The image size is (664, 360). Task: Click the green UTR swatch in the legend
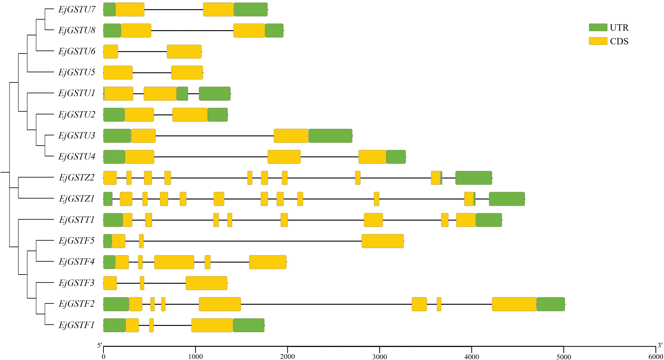pyautogui.click(x=598, y=27)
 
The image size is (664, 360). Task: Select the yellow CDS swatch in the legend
pyautogui.click(x=598, y=41)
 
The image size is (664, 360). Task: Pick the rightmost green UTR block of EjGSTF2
pyautogui.click(x=551, y=304)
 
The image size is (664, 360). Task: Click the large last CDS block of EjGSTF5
pyautogui.click(x=383, y=241)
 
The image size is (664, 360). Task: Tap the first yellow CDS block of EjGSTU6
pyautogui.click(x=111, y=52)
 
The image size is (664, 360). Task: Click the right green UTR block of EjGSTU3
pyautogui.click(x=330, y=136)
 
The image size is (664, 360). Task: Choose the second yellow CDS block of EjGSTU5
pyautogui.click(x=187, y=73)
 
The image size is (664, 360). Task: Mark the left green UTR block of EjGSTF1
pyautogui.click(x=114, y=325)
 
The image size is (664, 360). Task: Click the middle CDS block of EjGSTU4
pyautogui.click(x=284, y=157)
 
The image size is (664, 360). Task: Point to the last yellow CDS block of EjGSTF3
pyautogui.click(x=206, y=283)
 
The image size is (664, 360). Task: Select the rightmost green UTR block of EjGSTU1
pyautogui.click(x=214, y=94)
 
